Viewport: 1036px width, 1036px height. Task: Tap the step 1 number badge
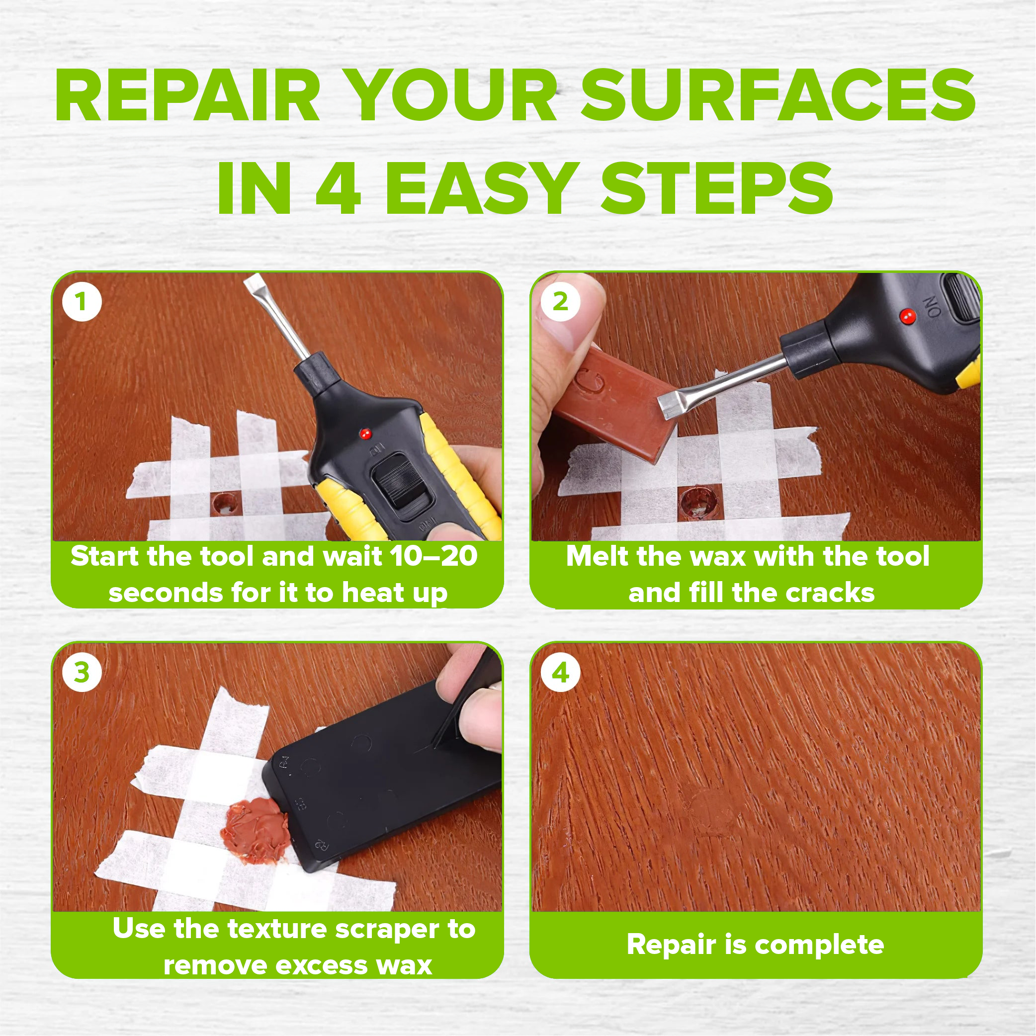pos(82,301)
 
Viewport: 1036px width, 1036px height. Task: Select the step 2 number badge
pos(560,301)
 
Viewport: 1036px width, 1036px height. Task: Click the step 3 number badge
pos(82,673)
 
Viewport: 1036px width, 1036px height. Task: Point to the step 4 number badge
pos(560,673)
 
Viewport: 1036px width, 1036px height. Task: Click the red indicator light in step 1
pos(366,433)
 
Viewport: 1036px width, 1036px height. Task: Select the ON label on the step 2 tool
pos(932,307)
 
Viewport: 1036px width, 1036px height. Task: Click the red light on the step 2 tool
pos(907,316)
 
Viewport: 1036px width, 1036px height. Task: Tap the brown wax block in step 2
pos(611,402)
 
